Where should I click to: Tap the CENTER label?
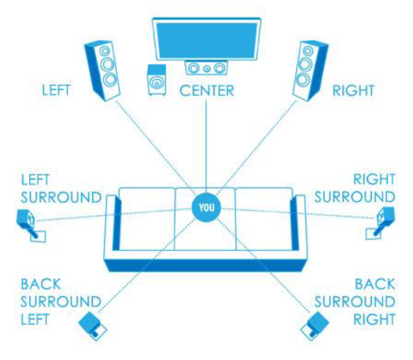[206, 91]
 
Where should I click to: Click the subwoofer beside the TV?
[156, 80]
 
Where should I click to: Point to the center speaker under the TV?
[206, 68]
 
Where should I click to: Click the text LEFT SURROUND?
[61, 188]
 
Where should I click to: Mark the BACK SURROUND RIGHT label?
[355, 302]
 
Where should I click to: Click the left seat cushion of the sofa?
[147, 218]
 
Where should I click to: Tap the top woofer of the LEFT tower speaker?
[105, 51]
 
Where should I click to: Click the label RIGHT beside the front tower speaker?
[353, 91]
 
